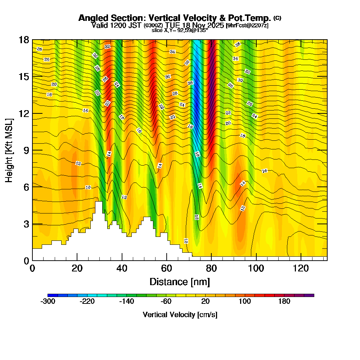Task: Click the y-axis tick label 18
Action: [24, 40]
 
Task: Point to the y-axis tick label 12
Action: [24, 113]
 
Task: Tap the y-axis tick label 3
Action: [26, 224]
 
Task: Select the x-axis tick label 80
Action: [211, 268]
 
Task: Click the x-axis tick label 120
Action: [301, 268]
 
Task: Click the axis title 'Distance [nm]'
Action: [180, 282]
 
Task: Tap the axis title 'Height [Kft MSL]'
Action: [9, 150]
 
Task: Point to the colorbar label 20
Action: [206, 302]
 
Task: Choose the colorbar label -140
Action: [127, 302]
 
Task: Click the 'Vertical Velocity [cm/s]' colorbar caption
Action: [180, 315]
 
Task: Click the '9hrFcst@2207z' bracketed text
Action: [247, 25]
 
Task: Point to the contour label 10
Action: [88, 187]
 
